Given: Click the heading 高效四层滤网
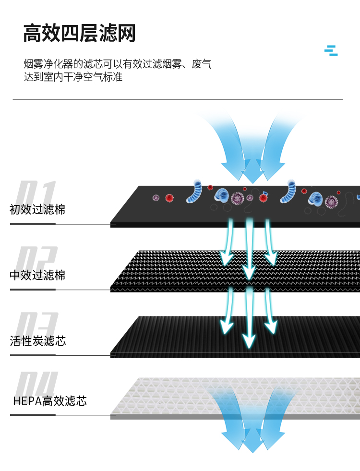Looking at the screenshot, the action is click(80, 33).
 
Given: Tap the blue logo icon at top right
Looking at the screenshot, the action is click(331, 50).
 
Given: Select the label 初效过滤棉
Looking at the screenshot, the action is click(37, 209).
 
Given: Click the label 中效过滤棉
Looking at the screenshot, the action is click(37, 275).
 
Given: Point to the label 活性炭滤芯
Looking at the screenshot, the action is click(37, 340).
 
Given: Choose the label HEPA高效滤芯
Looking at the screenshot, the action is click(50, 401).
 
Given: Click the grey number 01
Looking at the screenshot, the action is click(36, 192).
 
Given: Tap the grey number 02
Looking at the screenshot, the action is click(36, 258).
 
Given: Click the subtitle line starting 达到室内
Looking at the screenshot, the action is click(73, 77).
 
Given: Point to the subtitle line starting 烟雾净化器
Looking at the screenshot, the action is click(118, 64).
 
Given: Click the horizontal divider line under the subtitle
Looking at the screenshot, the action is click(178, 99).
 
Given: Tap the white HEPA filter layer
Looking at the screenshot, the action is click(235, 398).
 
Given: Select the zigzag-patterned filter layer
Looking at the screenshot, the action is click(235, 271).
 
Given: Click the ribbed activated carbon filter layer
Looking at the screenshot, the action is click(235, 337).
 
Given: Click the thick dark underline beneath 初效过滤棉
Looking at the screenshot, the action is click(33, 224).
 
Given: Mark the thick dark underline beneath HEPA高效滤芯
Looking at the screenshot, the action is click(33, 415).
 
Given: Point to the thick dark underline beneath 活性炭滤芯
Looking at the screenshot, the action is click(33, 355).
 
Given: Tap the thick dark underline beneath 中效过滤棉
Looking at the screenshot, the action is click(33, 290).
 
